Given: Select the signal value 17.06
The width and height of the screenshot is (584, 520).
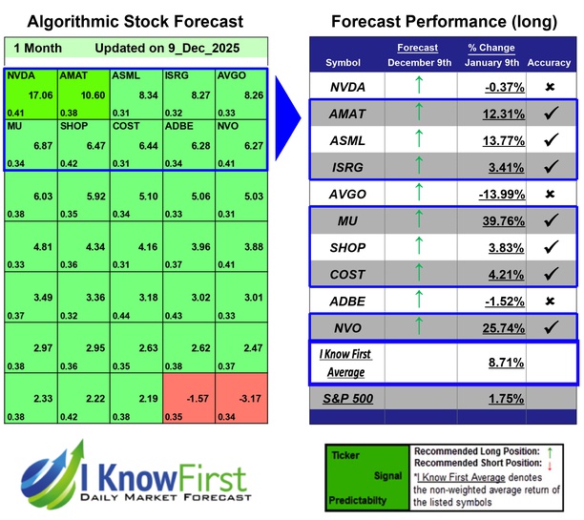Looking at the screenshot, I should tap(39, 95).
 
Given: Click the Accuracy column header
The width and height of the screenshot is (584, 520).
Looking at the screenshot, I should tap(549, 63).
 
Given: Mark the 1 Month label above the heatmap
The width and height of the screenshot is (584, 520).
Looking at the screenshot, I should tap(38, 48).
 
